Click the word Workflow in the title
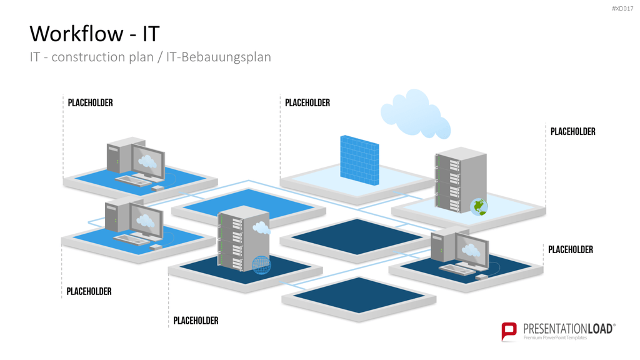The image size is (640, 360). pos(76,34)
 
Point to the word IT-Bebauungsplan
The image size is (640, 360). pos(218,57)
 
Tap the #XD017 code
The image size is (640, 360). pos(622,9)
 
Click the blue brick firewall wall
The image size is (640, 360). pos(359,160)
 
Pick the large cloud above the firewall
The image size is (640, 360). pos(416,114)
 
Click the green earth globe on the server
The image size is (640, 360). pos(479,207)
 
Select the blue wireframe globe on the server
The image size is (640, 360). pos(261,265)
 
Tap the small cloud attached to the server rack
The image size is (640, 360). pos(262,227)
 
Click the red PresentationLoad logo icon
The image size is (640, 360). pos(509,331)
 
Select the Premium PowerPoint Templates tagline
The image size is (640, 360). pos(555,338)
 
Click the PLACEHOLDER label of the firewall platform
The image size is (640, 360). pos(307,103)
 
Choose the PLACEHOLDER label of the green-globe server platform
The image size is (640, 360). pos(572,131)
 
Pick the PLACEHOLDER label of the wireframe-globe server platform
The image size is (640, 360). pos(196,321)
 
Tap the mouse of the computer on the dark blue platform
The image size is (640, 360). pos(482,277)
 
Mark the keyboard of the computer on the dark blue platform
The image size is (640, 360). pos(457,269)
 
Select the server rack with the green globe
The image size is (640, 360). pos(461,180)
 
